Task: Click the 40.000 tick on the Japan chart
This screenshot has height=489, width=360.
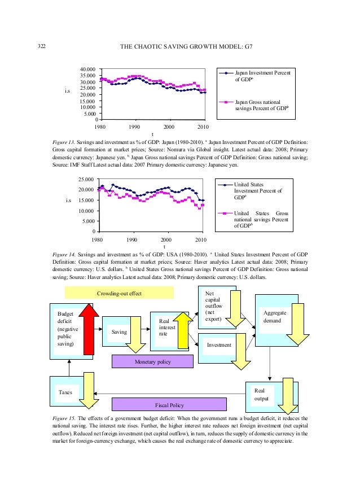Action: (x=87, y=70)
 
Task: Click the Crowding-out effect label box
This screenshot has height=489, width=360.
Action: (x=118, y=293)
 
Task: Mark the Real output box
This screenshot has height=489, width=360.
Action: (x=261, y=394)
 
